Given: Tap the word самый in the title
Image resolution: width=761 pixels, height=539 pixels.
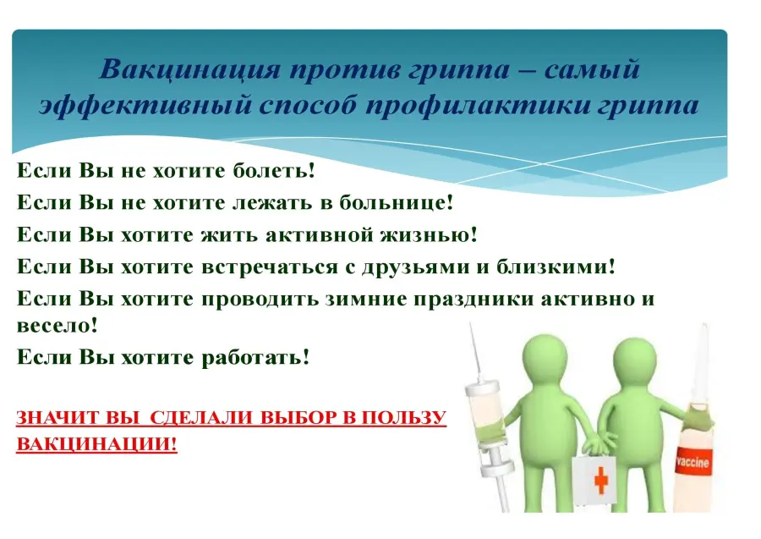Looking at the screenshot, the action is click(592, 69).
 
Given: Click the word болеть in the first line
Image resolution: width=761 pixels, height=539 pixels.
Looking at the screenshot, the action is click(274, 170).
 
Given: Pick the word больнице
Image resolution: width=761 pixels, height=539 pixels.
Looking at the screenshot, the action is click(396, 202).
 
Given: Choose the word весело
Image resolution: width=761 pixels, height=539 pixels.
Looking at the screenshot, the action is click(57, 325).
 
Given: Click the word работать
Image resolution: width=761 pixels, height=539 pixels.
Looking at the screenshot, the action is click(255, 357).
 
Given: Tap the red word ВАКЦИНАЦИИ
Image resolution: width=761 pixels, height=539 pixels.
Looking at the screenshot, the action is click(96, 444).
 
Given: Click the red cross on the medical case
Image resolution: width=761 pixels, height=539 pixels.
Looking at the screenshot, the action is click(601, 479).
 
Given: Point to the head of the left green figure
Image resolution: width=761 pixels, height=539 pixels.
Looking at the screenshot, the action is click(544, 358).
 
